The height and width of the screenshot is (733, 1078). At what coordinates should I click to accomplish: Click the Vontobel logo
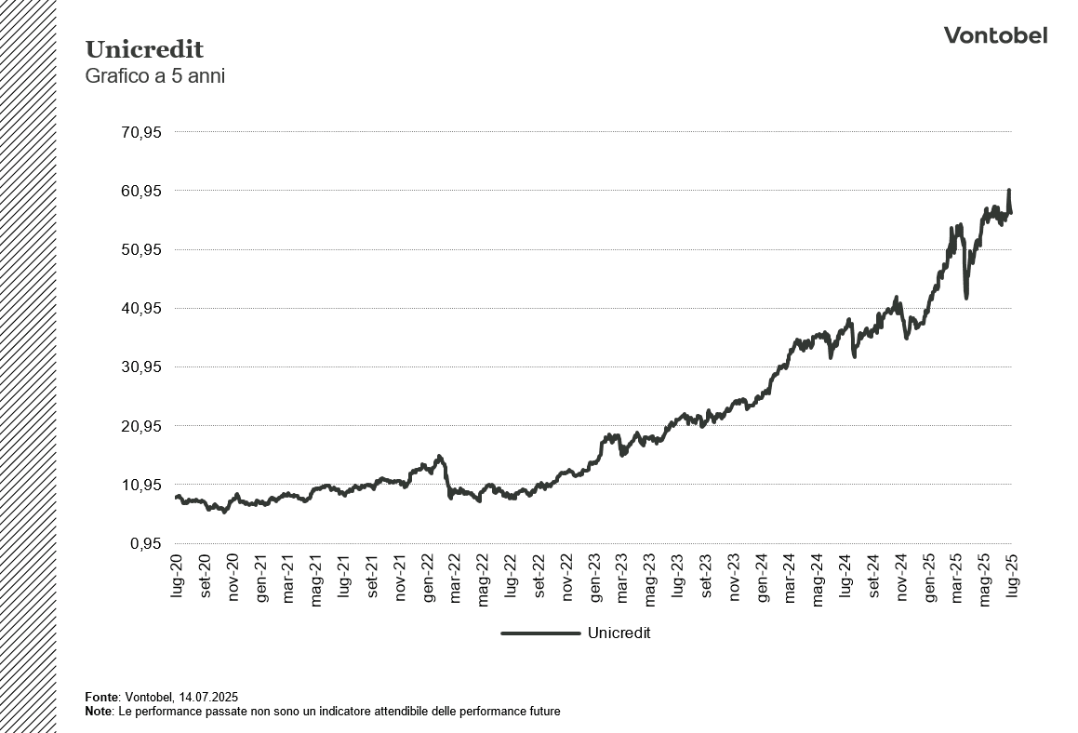(995, 35)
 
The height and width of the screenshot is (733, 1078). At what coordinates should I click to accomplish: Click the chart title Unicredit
(144, 49)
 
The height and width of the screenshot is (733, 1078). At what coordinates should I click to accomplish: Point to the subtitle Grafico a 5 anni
(155, 76)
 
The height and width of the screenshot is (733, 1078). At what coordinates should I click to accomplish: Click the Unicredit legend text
(619, 633)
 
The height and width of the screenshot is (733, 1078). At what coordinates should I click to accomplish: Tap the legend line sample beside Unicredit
(539, 633)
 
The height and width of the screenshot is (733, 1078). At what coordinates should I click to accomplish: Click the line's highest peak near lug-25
(1009, 191)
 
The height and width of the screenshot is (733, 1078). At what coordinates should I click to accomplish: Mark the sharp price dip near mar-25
(966, 297)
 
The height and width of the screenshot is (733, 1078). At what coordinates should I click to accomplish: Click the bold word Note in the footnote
(97, 712)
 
